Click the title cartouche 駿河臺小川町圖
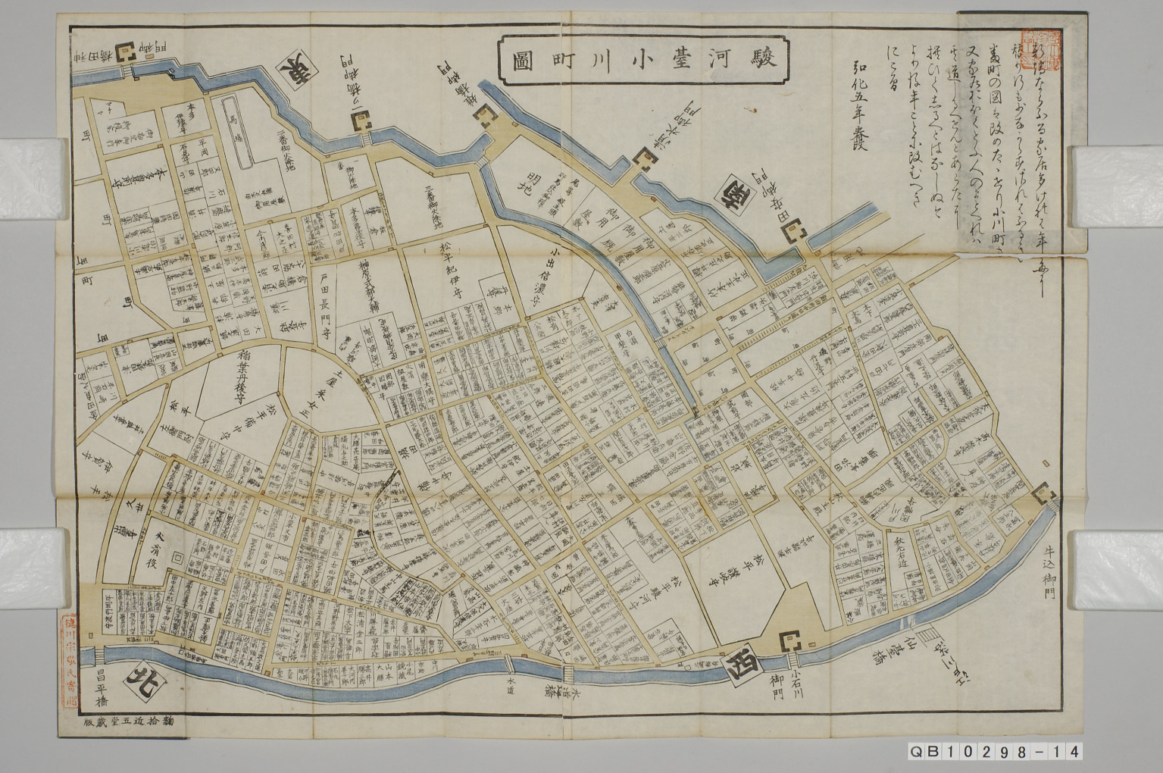coord(645,57)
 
